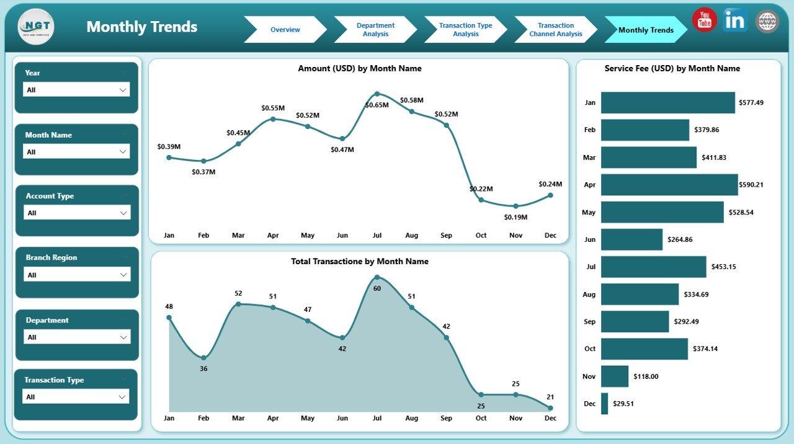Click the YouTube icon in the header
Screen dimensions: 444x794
[x=705, y=20]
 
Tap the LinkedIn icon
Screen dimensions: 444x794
[x=735, y=20]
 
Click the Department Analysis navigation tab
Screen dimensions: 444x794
[x=375, y=30]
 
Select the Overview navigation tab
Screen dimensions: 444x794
[x=285, y=30]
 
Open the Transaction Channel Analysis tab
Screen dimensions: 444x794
[x=555, y=30]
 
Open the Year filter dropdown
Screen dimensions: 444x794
[x=76, y=90]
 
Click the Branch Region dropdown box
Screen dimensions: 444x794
[x=76, y=275]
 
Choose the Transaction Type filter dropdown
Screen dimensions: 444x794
[x=76, y=396]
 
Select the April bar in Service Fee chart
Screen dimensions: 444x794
[x=669, y=185]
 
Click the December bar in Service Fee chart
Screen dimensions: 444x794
[x=604, y=403]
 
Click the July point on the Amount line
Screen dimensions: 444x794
[x=377, y=94]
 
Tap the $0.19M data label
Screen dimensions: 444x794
[x=515, y=217]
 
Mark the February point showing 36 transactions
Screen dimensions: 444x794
[x=203, y=358]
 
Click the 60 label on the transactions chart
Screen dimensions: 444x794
[x=376, y=288]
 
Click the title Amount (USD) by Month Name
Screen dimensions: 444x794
[x=359, y=69]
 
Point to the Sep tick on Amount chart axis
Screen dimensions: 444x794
[x=446, y=236]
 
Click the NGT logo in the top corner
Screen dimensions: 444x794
[x=36, y=27]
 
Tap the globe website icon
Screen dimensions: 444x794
[x=767, y=21]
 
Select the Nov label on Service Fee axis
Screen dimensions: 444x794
[x=589, y=376]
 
